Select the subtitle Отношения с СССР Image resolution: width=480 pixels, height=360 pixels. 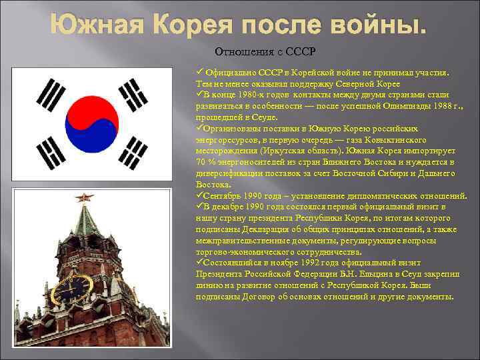[265, 51]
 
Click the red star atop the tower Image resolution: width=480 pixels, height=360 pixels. [85, 197]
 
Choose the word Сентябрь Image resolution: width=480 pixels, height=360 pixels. [225, 196]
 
